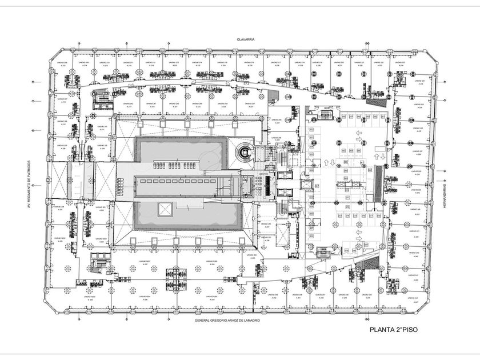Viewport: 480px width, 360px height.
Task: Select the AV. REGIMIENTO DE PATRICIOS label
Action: [x=35, y=183]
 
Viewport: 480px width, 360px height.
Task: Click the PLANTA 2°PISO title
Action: [x=394, y=330]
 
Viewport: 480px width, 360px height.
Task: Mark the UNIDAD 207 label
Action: [x=62, y=99]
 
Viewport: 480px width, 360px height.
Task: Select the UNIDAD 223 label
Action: [x=399, y=62]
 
